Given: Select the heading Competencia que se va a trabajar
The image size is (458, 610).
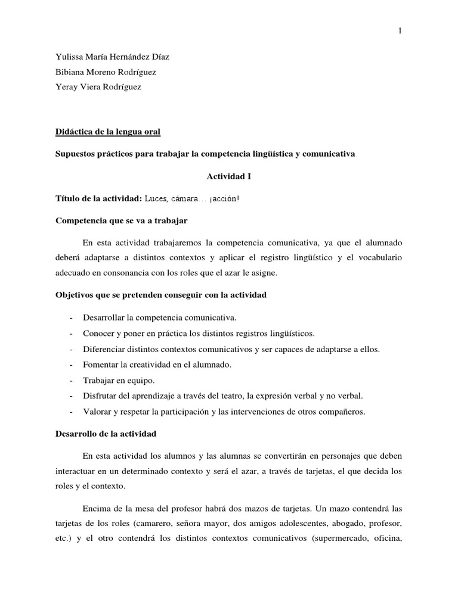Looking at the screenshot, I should (x=121, y=220).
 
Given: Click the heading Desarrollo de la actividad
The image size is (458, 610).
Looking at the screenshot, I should (x=105, y=434).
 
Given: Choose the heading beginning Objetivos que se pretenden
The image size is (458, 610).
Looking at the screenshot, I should (x=160, y=295).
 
